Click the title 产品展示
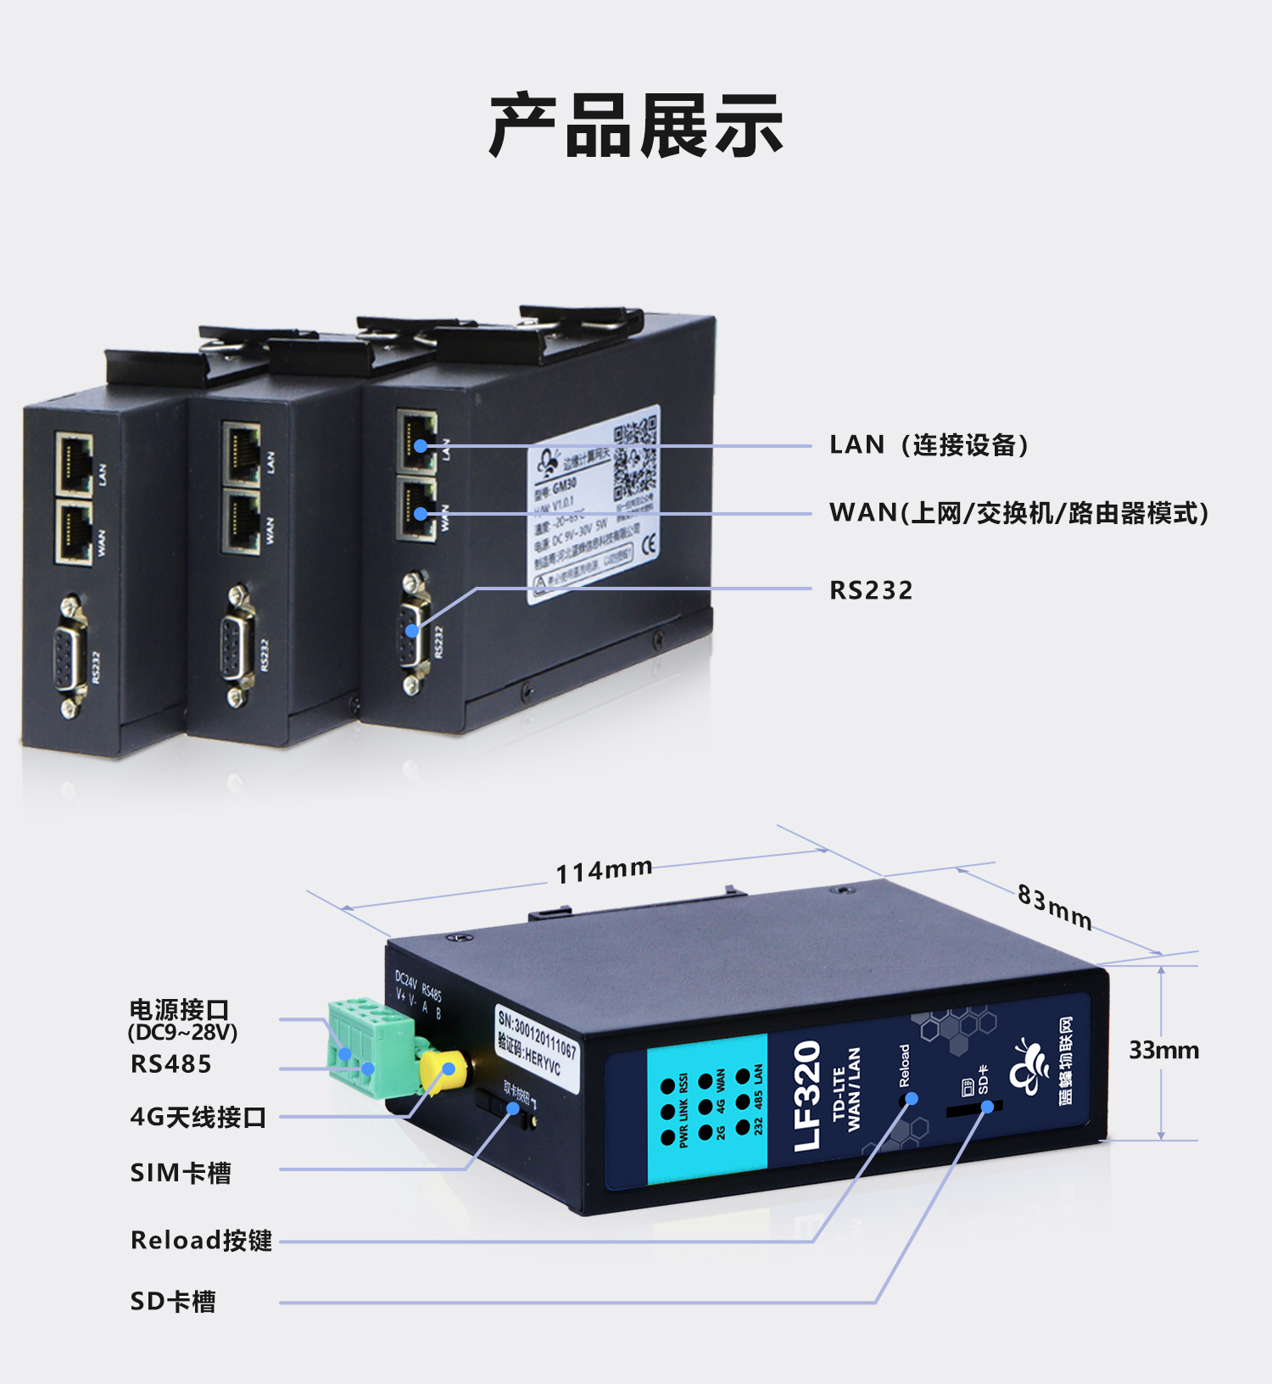[636, 126]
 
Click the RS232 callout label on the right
[871, 590]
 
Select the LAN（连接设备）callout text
[929, 445]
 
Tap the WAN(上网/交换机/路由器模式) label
[1018, 513]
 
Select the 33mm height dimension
[1163, 1051]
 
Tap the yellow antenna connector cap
[445, 1072]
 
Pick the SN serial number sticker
[537, 1043]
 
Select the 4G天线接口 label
[198, 1118]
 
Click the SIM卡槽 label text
[181, 1173]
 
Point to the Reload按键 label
[201, 1241]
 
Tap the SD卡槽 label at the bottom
[173, 1302]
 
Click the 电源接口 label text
[180, 1010]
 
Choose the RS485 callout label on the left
[170, 1064]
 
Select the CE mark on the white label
[649, 544]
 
